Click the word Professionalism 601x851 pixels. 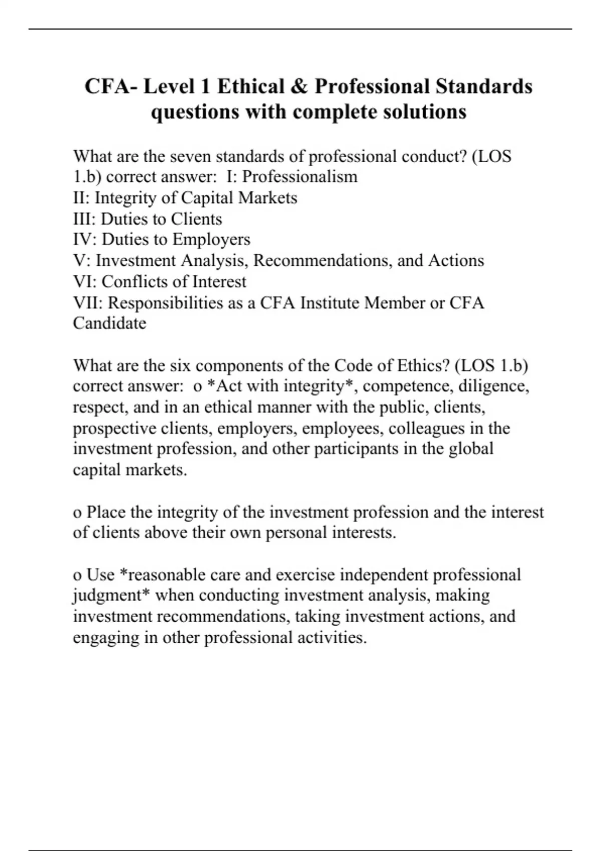(x=299, y=177)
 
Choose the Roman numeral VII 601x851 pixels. (x=88, y=302)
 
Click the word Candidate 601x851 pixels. (x=110, y=323)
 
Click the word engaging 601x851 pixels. (x=103, y=637)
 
